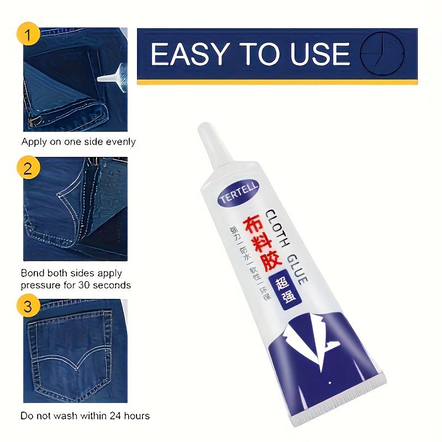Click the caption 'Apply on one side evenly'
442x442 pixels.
click(x=78, y=142)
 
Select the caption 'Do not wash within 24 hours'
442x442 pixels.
click(x=85, y=415)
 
